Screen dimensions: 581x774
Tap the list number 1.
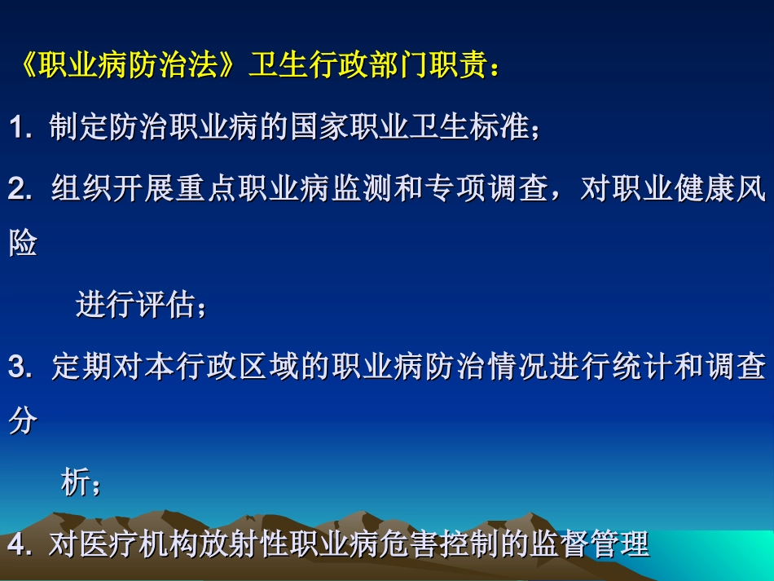coord(18,128)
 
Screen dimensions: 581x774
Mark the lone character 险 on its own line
coord(23,243)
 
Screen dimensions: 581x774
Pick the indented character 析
coord(76,483)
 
